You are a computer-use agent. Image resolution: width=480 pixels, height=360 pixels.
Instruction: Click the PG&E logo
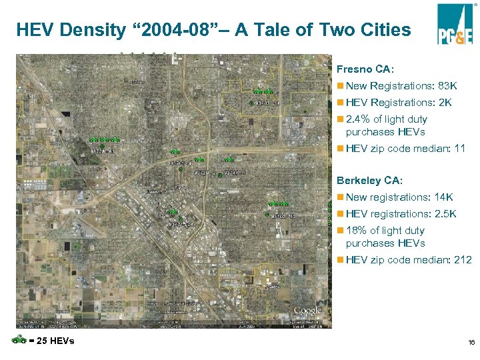coord(455,24)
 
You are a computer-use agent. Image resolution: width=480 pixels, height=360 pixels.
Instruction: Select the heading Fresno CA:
coord(365,69)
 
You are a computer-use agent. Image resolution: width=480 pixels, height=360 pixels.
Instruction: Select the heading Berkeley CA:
coord(370,181)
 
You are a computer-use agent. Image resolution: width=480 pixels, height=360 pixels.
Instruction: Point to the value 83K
coord(444,86)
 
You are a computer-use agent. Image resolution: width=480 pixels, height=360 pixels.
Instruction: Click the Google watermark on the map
coord(307,310)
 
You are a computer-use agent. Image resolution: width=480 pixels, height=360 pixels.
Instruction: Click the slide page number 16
coord(471,342)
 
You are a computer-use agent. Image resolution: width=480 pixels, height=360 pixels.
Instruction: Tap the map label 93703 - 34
coord(267,103)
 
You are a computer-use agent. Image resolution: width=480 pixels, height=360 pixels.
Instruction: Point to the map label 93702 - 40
coord(282,216)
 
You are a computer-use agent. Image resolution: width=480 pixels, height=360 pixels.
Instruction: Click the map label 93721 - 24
coord(180,225)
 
